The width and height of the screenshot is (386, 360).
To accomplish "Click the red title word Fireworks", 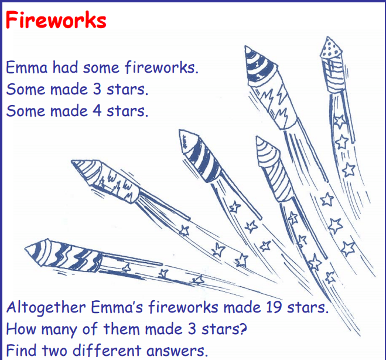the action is pyautogui.click(x=56, y=20).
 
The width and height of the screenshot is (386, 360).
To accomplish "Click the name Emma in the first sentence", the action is pyautogui.click(x=26, y=67).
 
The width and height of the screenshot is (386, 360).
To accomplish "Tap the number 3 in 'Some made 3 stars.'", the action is pyautogui.click(x=97, y=89).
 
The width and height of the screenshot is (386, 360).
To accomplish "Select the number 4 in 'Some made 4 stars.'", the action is pyautogui.click(x=97, y=111).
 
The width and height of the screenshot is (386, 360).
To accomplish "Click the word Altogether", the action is pyautogui.click(x=46, y=308).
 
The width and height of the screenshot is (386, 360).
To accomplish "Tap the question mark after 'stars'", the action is pyautogui.click(x=243, y=329).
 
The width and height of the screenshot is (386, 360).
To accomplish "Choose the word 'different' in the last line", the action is pyautogui.click(x=107, y=350).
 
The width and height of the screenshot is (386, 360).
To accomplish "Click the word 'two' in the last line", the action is pyautogui.click(x=54, y=351).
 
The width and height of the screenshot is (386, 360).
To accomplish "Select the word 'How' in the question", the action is pyautogui.click(x=21, y=329).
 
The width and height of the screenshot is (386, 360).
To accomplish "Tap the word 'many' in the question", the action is pyautogui.click(x=59, y=330).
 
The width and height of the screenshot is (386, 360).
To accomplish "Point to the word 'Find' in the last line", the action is pyautogui.click(x=21, y=350).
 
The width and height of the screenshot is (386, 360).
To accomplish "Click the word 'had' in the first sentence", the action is pyautogui.click(x=65, y=67).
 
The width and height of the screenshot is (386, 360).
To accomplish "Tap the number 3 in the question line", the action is pyautogui.click(x=192, y=329).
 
